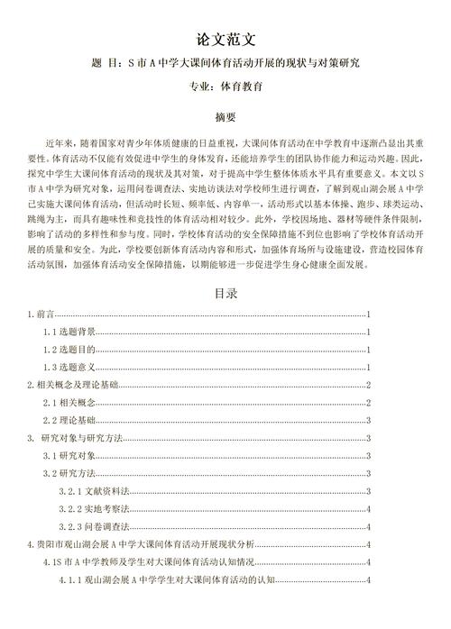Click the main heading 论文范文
(225, 40)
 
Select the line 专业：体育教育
(225, 87)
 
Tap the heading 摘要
(225, 117)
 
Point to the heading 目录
(225, 293)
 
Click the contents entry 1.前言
(41, 315)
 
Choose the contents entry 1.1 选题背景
(69, 333)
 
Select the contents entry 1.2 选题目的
(69, 351)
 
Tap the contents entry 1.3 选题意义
(69, 368)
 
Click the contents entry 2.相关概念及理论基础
(72, 386)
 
